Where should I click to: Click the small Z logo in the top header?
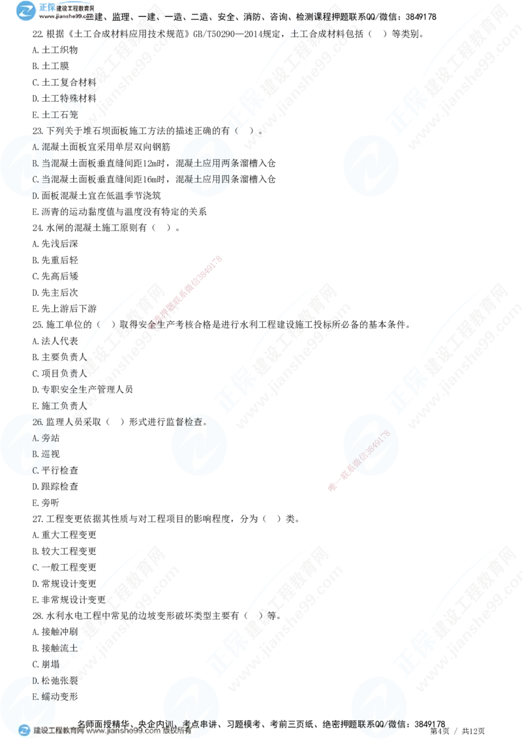[26, 10]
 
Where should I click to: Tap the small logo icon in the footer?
[24, 731]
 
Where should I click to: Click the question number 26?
[37, 422]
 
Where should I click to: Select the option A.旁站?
[44, 437]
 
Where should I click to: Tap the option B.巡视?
[44, 454]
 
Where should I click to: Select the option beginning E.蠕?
[43, 697]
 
